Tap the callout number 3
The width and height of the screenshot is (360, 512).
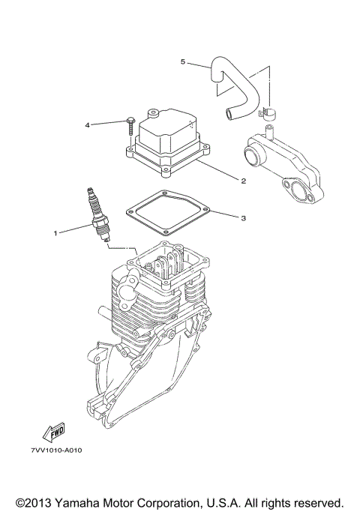point(243,219)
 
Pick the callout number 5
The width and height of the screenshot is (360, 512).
point(182,62)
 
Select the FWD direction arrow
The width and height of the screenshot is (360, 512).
point(55,431)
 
